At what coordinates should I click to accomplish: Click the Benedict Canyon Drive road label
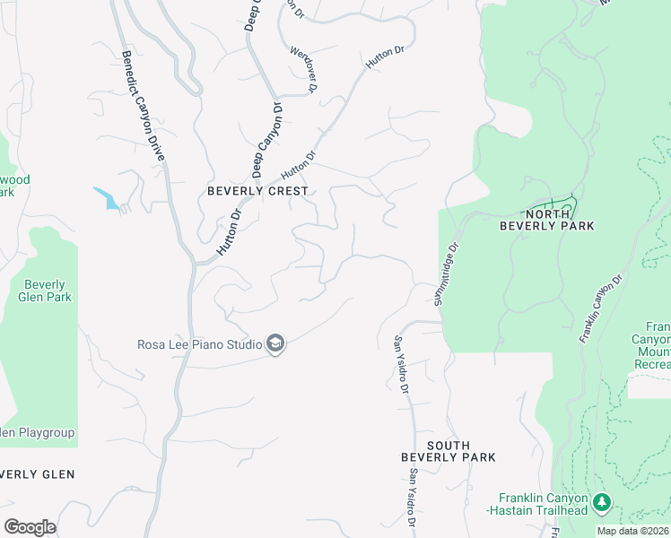pyautogui.click(x=144, y=105)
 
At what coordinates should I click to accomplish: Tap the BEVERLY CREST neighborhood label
pyautogui.click(x=257, y=191)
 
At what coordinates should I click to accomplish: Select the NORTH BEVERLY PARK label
pyautogui.click(x=547, y=220)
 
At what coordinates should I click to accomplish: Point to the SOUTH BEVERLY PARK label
pyautogui.click(x=448, y=451)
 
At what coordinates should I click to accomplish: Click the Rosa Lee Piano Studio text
pyautogui.click(x=199, y=343)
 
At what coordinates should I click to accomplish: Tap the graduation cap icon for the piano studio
pyautogui.click(x=275, y=344)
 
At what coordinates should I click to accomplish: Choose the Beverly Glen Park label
pyautogui.click(x=45, y=291)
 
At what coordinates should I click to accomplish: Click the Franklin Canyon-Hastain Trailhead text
pyautogui.click(x=544, y=504)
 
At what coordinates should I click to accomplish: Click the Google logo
pyautogui.click(x=30, y=527)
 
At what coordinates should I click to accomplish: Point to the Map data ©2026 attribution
pyautogui.click(x=633, y=531)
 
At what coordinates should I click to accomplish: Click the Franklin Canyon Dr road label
pyautogui.click(x=601, y=309)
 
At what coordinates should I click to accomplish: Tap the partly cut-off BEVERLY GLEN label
pyautogui.click(x=38, y=473)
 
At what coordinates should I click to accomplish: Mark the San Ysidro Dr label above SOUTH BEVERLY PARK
pyautogui.click(x=401, y=364)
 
